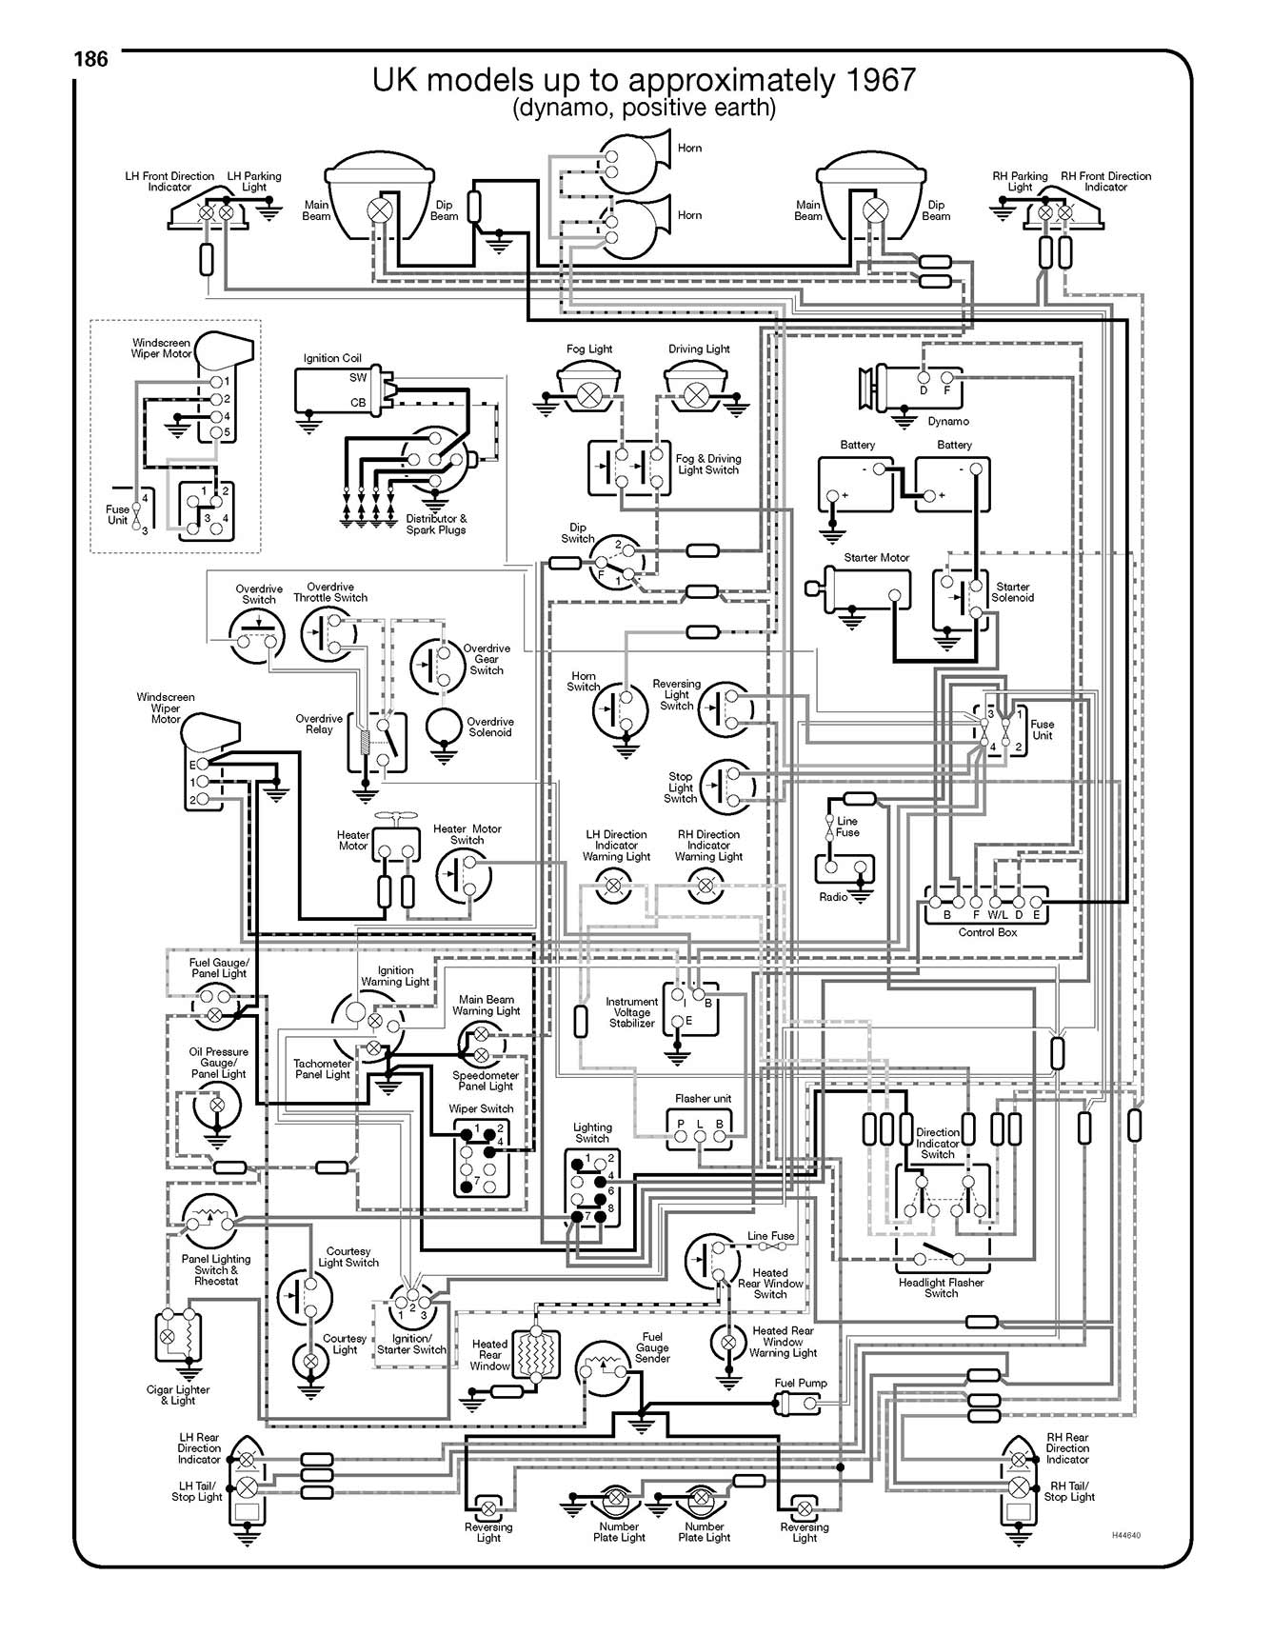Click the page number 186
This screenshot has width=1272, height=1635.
tap(91, 59)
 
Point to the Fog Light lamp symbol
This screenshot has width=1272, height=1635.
tap(590, 392)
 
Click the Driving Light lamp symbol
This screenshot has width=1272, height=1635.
tap(698, 392)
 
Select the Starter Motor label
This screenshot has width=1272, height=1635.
tap(876, 558)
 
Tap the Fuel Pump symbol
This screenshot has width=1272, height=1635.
tap(797, 1402)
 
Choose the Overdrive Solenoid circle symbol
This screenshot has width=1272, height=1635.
tap(444, 728)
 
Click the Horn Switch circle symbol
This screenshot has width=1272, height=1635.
tap(621, 708)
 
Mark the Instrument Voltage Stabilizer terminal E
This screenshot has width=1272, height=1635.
tap(677, 1022)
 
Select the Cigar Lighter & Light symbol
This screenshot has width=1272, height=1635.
tap(178, 1336)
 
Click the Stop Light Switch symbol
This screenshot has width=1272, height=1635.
tap(726, 786)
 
